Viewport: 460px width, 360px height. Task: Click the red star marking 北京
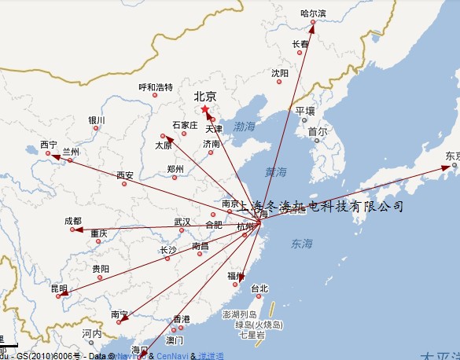205,108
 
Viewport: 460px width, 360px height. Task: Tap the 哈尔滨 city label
313,13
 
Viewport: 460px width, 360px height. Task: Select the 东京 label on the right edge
452,156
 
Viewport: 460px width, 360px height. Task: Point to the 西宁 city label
48,145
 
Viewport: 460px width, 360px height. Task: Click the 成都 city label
72,222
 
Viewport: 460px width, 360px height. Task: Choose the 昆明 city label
59,288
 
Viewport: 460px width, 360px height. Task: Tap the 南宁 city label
120,314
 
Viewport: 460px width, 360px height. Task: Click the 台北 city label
259,288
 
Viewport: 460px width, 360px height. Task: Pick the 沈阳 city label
280,73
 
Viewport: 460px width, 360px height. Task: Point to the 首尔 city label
317,131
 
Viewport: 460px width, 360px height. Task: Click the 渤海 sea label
245,126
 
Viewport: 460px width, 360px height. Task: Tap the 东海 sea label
301,244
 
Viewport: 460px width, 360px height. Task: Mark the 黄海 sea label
276,172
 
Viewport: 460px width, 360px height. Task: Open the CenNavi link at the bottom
171,356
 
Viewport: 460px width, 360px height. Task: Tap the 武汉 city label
182,222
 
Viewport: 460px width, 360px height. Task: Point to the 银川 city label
96,120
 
